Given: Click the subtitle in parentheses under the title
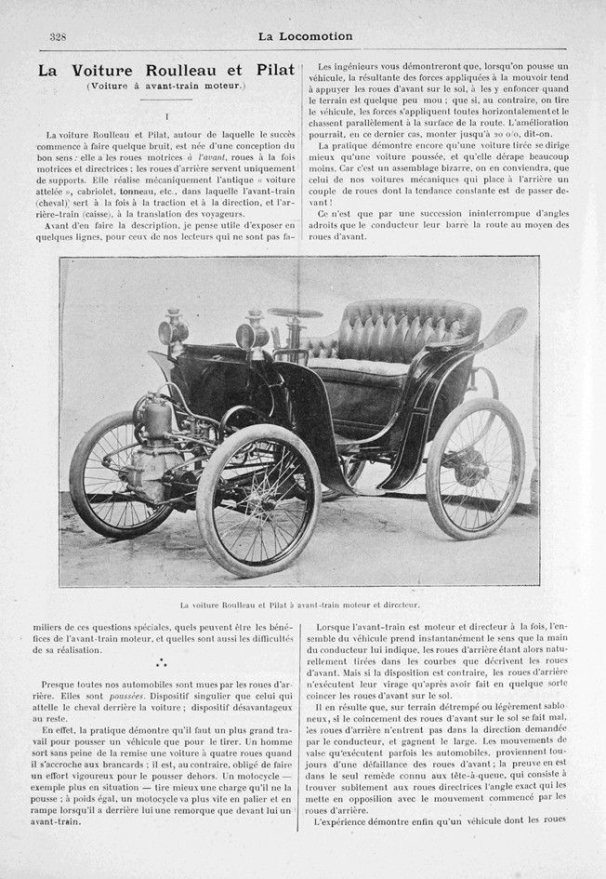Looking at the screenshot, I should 165,87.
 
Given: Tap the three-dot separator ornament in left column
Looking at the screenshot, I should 164,663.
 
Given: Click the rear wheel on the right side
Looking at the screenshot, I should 473,467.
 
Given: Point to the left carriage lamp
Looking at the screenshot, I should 174,329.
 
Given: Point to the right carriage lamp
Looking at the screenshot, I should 252,333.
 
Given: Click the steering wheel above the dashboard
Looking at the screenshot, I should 295,313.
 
